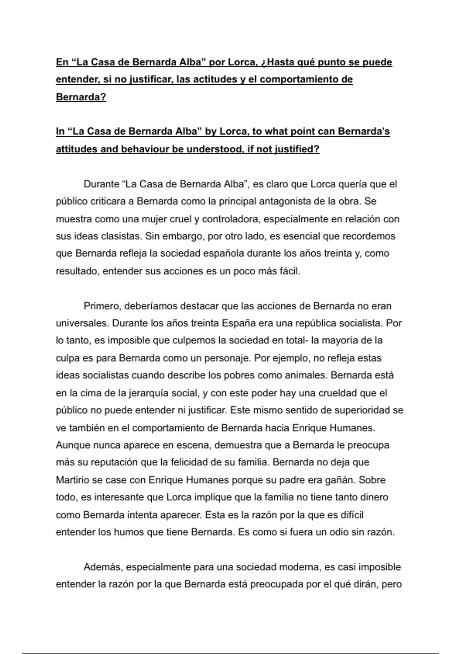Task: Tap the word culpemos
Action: point(184,340)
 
